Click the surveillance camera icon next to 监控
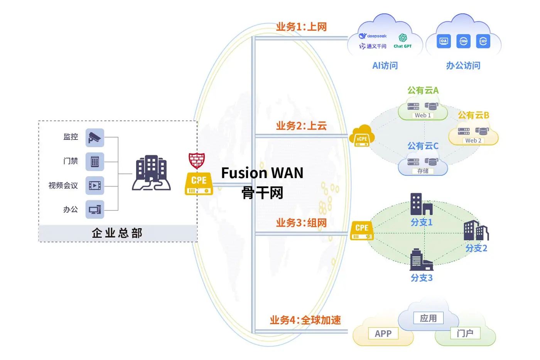click(x=95, y=138)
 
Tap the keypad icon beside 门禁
click(x=95, y=161)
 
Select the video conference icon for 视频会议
click(x=95, y=185)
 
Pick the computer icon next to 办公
click(x=95, y=209)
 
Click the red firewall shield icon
click(x=197, y=160)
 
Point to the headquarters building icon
click(x=151, y=173)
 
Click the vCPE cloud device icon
click(x=362, y=136)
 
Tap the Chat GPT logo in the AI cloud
click(x=403, y=41)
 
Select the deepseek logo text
click(x=373, y=36)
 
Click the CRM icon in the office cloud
click(x=463, y=41)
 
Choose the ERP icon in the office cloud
click(x=483, y=41)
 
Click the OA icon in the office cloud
click(x=444, y=41)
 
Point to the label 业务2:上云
click(x=301, y=126)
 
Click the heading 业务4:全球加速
click(x=305, y=320)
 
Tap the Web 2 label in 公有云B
click(x=473, y=140)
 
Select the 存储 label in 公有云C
click(x=423, y=171)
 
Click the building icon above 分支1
click(x=421, y=204)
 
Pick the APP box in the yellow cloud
click(x=383, y=333)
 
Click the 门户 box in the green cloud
click(x=465, y=333)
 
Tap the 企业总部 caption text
click(x=117, y=233)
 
